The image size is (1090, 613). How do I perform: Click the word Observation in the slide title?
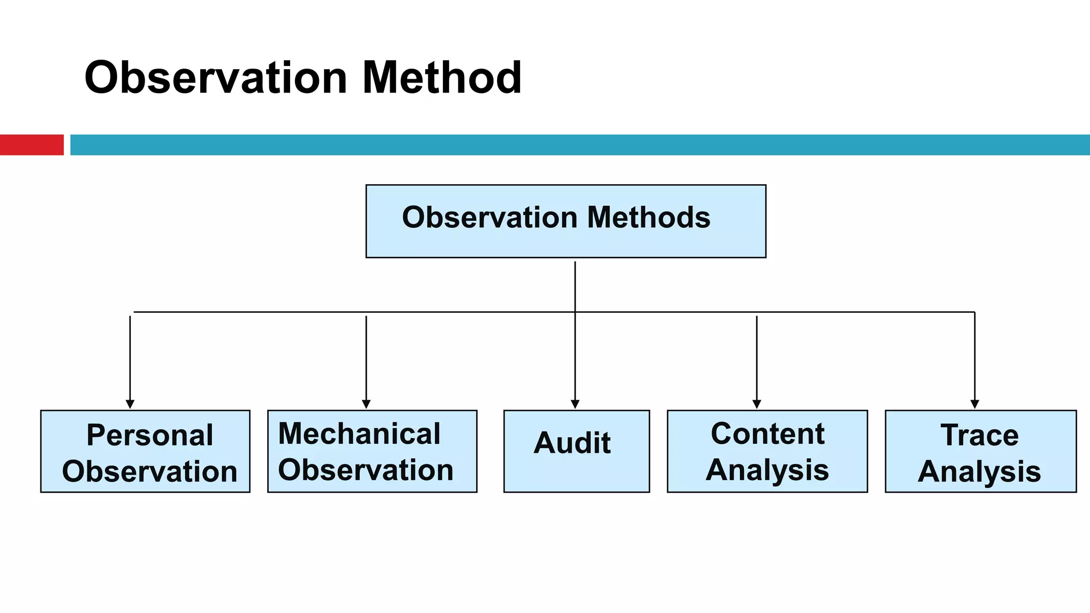click(x=216, y=78)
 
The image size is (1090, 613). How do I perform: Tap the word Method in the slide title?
click(x=442, y=78)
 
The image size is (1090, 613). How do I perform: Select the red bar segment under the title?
click(x=31, y=145)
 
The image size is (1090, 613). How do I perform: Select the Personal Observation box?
click(x=145, y=451)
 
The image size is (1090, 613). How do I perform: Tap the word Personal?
click(x=150, y=435)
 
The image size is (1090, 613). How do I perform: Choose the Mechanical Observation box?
click(x=372, y=451)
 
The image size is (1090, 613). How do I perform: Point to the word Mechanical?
click(x=359, y=434)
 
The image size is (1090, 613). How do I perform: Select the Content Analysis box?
click(x=767, y=451)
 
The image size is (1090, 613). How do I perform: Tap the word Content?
click(x=767, y=434)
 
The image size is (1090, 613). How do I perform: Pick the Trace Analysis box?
click(x=980, y=451)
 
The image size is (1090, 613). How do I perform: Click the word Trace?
click(x=979, y=435)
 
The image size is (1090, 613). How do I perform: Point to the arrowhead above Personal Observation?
click(x=130, y=404)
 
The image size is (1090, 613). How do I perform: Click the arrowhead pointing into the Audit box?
click(x=575, y=404)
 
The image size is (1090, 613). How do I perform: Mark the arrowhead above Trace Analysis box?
click(x=975, y=404)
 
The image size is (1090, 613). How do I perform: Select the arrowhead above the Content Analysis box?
click(x=757, y=404)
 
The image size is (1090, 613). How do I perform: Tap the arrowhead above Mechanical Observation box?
click(x=366, y=404)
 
